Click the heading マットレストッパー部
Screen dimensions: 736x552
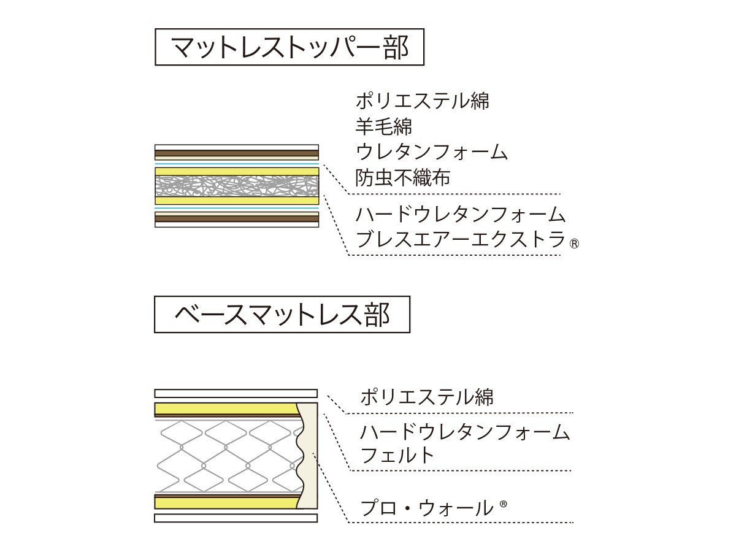[x=289, y=47]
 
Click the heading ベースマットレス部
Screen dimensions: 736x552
[x=282, y=315]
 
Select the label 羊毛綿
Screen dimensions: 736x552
[x=383, y=126]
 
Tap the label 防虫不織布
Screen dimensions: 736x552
[x=403, y=177]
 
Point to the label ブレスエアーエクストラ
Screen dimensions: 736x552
[x=461, y=239]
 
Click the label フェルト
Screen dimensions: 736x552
[x=397, y=455]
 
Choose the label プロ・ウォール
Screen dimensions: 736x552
[x=426, y=508]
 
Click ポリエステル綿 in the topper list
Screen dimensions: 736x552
[x=423, y=101]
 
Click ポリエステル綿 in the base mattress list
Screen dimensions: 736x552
[x=427, y=397]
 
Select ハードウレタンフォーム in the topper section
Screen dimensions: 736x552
[x=461, y=214]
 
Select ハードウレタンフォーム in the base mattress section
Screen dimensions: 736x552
[x=465, y=431]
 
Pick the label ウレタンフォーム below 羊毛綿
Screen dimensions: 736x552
[x=432, y=152]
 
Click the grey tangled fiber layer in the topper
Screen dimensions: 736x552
[x=237, y=186]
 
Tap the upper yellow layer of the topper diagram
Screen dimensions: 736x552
[x=237, y=171]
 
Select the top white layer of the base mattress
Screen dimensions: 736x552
[x=236, y=394]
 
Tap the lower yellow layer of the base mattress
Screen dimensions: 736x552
[x=227, y=503]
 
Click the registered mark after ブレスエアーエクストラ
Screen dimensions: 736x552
[x=574, y=244]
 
